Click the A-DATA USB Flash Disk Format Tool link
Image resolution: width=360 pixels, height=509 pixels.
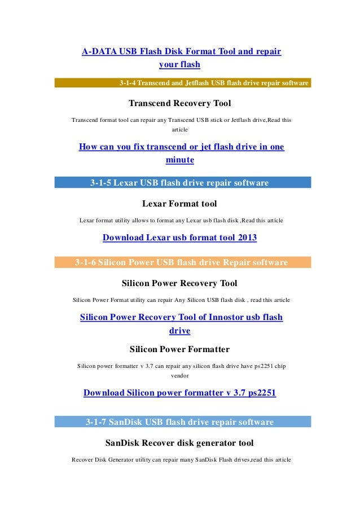point(181,52)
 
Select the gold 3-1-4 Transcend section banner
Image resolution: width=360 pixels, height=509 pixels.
point(183,84)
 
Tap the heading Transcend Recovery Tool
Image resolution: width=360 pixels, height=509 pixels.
point(180,104)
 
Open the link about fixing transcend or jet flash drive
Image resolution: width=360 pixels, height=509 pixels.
point(181,147)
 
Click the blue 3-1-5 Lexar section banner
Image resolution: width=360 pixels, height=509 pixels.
point(183,183)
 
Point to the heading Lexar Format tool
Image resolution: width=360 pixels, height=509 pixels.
point(179,203)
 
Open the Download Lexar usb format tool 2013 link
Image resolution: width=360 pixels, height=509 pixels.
point(179,238)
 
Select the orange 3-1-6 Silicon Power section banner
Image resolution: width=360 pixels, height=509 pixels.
point(183,262)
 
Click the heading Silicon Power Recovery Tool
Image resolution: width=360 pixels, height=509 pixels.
point(179,283)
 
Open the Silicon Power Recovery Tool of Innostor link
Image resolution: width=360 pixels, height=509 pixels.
point(181,318)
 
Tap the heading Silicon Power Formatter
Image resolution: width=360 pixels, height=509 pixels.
point(179,349)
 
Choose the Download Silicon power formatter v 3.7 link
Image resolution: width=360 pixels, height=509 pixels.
point(179,393)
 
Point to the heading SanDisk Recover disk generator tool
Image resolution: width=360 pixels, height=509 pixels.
point(179,442)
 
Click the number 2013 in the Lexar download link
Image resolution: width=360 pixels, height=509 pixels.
point(246,238)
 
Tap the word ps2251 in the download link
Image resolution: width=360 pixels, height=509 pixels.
point(258,393)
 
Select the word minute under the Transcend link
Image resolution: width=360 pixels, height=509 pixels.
point(180,160)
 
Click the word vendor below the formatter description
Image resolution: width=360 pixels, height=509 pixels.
point(180,375)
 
